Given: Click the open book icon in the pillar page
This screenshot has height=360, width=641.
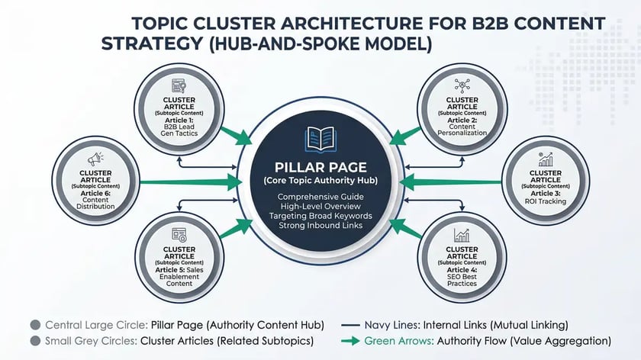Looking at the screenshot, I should click(320, 139).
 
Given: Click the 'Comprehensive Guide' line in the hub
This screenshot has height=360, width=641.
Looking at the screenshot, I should click(320, 198).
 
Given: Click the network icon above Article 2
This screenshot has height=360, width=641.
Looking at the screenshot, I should click(462, 85).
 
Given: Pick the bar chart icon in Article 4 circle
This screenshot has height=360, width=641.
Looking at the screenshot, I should click(462, 235).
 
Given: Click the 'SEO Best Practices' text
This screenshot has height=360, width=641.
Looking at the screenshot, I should click(462, 279).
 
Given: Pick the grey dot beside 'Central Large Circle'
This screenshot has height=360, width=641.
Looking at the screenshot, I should click(34, 324).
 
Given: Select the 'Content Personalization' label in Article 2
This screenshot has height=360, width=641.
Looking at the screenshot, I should click(462, 128).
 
